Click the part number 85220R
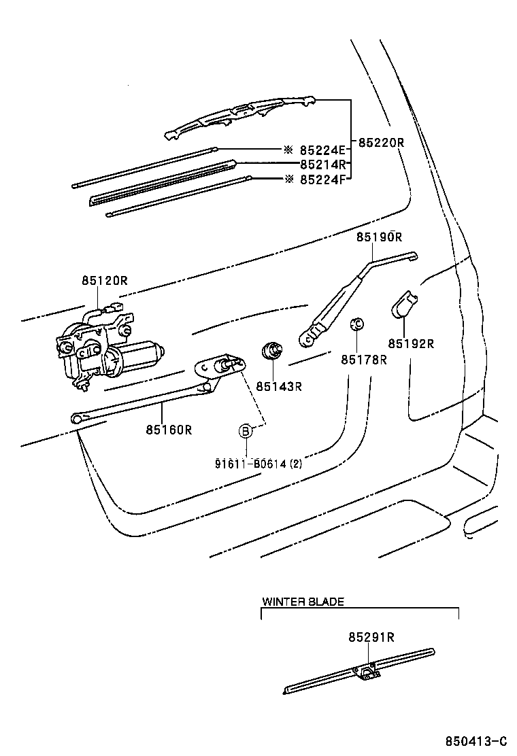(382, 143)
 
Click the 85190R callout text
(379, 237)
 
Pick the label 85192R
(411, 344)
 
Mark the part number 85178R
(363, 360)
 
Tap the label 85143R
(278, 386)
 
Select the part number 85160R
(169, 429)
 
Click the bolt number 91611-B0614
(251, 464)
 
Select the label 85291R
(371, 637)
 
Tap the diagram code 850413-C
(476, 741)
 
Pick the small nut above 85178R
(354, 324)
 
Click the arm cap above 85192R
(405, 303)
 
